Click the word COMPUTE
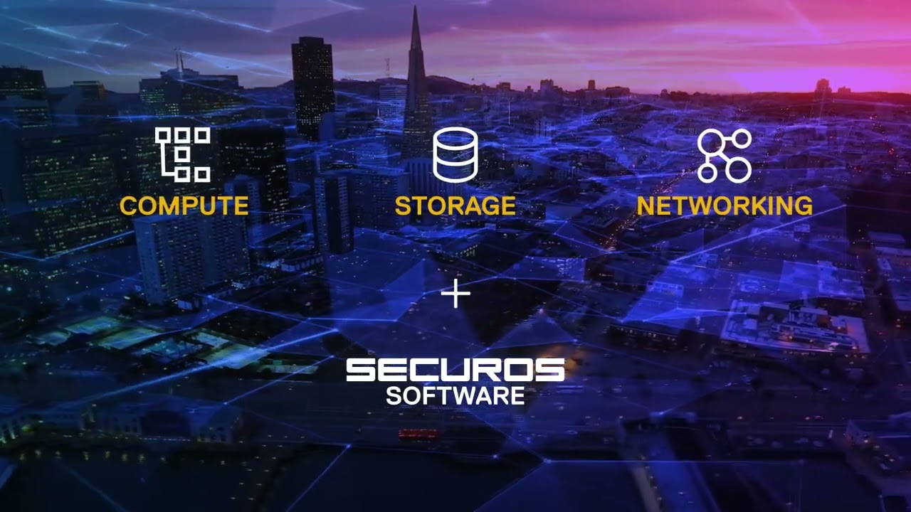(x=184, y=206)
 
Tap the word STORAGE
(x=455, y=206)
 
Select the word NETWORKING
(x=724, y=206)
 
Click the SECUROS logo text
(x=455, y=370)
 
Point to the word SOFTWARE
(x=455, y=395)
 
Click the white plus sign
(x=455, y=294)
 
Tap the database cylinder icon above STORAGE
(x=455, y=154)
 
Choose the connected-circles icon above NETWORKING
(x=724, y=155)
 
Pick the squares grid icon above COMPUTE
(x=183, y=154)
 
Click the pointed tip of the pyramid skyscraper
(x=415, y=9)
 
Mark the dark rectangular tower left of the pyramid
(x=312, y=85)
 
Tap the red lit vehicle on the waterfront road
(x=418, y=433)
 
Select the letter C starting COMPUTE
(x=128, y=206)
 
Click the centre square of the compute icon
(x=182, y=154)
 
